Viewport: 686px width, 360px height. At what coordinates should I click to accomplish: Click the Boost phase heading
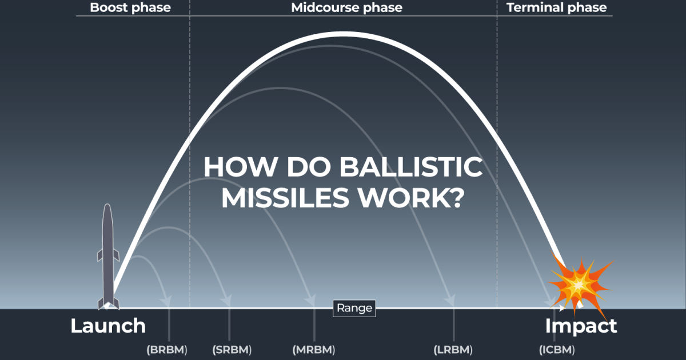[130, 8]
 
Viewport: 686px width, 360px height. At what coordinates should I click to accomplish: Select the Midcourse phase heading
[346, 8]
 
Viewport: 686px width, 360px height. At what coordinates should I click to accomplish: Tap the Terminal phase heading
[556, 8]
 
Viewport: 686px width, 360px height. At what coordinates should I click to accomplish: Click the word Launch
[108, 326]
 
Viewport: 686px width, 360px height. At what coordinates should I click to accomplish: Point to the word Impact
[581, 326]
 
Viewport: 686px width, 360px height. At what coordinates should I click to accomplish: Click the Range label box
[354, 309]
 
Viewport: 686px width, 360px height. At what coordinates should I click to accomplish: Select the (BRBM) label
[167, 349]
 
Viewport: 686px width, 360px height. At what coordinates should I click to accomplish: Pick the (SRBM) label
[232, 349]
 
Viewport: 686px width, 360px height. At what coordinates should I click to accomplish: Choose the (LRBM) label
[453, 349]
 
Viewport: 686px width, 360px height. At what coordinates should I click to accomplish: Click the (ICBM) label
[557, 349]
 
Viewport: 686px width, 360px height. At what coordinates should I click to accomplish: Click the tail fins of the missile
[108, 302]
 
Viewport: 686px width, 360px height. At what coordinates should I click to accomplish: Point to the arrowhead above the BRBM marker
[167, 300]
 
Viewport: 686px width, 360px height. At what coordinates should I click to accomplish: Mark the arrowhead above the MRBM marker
[312, 300]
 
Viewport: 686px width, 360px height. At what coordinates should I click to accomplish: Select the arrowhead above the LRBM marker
[451, 300]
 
